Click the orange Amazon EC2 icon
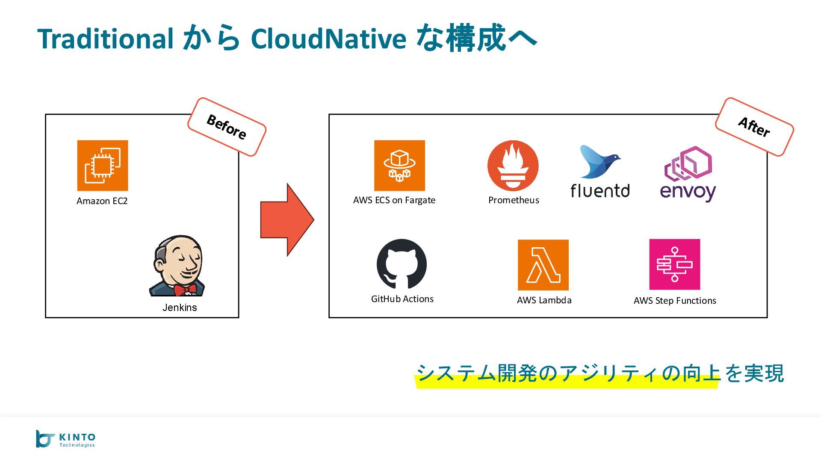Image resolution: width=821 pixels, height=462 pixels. coord(102,166)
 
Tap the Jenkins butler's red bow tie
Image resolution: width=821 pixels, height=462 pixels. coord(185,290)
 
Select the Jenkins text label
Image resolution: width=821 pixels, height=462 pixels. coord(180,308)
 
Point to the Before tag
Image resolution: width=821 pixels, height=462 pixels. coord(227,127)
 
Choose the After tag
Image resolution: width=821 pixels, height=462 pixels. coord(754,127)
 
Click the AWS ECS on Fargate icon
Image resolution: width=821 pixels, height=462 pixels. coord(399,166)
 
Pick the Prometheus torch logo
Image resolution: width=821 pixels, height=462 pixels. coord(513,166)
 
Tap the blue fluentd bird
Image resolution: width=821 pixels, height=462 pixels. coord(598,162)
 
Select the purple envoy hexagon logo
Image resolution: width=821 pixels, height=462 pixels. coord(688,164)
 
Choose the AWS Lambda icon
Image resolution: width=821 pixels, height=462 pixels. coord(543,265)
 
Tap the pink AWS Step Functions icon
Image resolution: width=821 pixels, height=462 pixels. coord(674,264)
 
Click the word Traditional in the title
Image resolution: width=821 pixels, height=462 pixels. coord(105,38)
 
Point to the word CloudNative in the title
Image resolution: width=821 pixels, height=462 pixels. coord(328,38)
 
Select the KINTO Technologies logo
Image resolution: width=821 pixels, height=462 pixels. coord(65,439)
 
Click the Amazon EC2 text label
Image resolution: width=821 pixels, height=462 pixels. coord(102,201)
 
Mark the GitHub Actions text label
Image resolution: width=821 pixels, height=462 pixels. coord(402,299)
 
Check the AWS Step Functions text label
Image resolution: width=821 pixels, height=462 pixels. coord(674,301)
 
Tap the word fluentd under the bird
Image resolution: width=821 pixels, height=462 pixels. coord(600,191)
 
